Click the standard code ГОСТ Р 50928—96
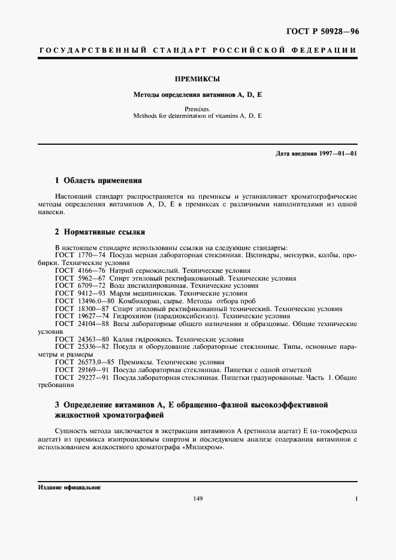pos(328,31)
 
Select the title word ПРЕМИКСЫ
pos(198,78)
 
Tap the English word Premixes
pos(198,109)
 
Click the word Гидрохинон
pos(132,316)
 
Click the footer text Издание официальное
pos(69,488)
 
